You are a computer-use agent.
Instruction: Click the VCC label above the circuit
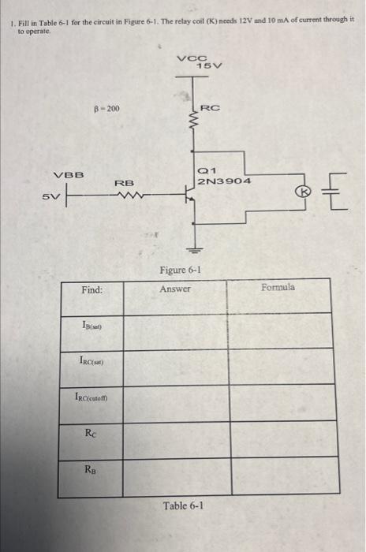click(x=190, y=57)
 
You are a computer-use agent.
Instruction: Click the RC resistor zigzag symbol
click(x=190, y=119)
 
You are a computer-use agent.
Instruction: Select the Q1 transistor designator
click(x=204, y=170)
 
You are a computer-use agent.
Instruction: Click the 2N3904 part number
click(x=224, y=181)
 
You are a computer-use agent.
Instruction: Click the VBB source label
click(x=69, y=175)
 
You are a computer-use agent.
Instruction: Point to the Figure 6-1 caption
click(x=181, y=270)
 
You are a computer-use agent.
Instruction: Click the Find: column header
click(x=91, y=289)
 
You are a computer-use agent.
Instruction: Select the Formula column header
click(x=279, y=287)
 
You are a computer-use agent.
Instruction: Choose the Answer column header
click(x=175, y=289)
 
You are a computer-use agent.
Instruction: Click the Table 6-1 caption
click(x=183, y=505)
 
